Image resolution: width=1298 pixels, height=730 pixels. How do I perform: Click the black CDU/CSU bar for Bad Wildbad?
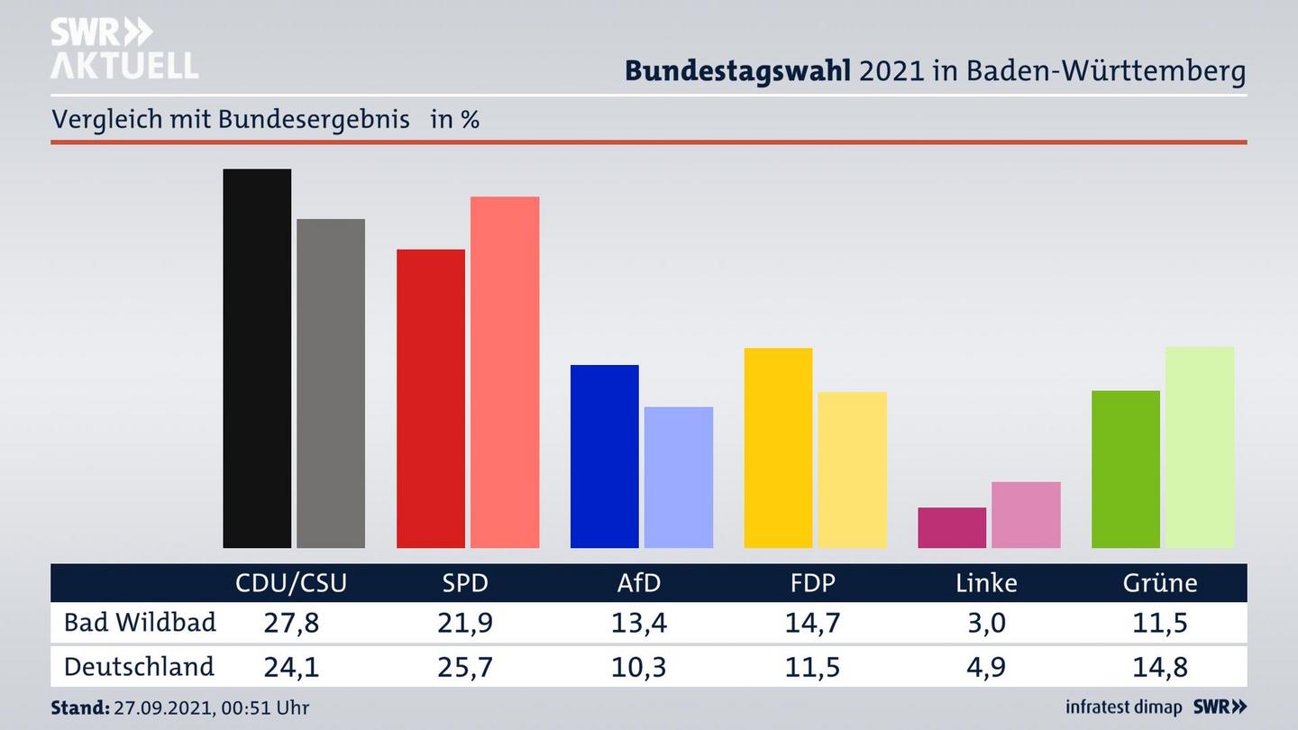(x=257, y=358)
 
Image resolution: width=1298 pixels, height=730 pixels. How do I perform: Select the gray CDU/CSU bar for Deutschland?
(x=331, y=383)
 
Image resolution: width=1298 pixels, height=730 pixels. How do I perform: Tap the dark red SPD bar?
(x=431, y=398)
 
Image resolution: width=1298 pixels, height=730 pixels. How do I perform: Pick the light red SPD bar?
(x=505, y=372)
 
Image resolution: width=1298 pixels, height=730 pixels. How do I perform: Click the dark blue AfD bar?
(x=605, y=456)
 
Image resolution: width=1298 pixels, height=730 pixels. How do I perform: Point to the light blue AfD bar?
(x=679, y=477)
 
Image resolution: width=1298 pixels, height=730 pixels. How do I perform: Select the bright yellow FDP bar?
(x=778, y=448)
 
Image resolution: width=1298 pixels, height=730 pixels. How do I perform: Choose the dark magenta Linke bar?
(x=952, y=527)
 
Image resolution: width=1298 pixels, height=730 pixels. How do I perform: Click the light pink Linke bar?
(x=1026, y=515)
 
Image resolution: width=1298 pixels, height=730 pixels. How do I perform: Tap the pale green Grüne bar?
(x=1200, y=447)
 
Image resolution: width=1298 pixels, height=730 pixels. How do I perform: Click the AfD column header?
(x=639, y=583)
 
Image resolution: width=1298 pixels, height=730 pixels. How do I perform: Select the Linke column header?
(x=986, y=583)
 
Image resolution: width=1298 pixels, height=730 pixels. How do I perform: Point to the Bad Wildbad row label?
(x=140, y=623)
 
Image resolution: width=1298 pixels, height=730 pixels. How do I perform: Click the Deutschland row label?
(x=139, y=667)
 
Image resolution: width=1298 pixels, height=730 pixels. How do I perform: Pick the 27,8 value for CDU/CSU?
(x=291, y=623)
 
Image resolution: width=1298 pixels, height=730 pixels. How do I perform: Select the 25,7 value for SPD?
(x=465, y=667)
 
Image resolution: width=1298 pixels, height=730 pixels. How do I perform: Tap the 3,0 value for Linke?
(x=986, y=623)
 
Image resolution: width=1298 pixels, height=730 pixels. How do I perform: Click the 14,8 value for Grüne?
(x=1160, y=667)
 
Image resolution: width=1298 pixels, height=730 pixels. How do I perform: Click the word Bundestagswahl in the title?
(x=737, y=71)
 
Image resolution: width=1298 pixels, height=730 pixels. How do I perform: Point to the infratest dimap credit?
(x=1124, y=707)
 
